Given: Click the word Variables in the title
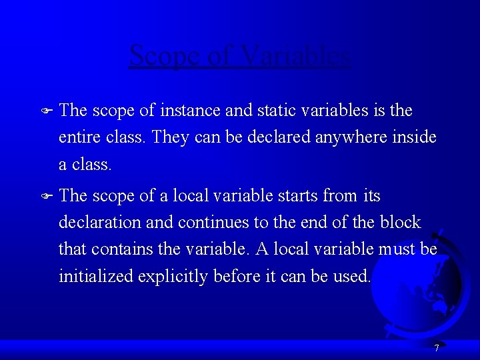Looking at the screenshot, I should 297,56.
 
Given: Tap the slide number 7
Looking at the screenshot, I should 436,348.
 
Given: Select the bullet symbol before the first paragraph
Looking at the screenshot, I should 46,111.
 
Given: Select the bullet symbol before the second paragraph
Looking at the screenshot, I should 46,197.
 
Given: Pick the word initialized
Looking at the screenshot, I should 95,276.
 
